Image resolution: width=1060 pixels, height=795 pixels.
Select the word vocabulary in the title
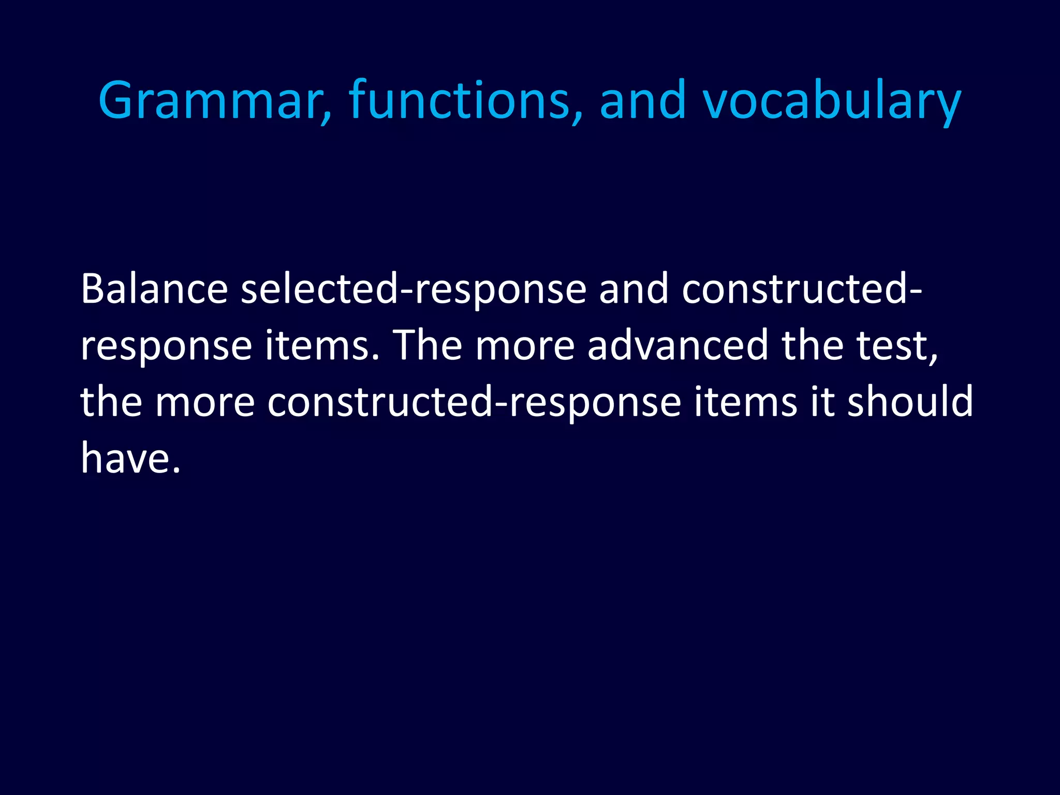pos(831,101)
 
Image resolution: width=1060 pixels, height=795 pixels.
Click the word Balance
pos(154,289)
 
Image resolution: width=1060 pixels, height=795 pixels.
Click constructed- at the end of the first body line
pos(801,289)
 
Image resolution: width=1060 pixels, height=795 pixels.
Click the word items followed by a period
pos(325,345)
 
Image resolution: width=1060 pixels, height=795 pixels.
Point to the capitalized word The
pos(428,345)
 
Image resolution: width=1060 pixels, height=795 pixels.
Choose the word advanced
pos(678,345)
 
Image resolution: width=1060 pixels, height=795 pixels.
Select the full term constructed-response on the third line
pos(474,403)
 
